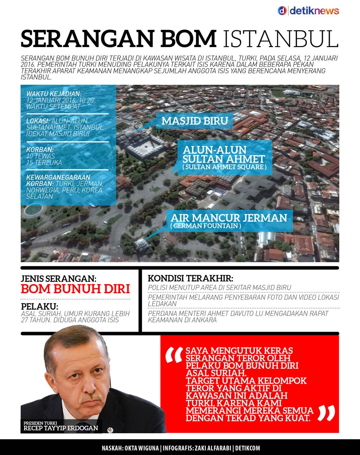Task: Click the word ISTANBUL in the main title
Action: [281, 39]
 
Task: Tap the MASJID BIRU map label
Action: [194, 121]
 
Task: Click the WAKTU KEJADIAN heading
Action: [54, 94]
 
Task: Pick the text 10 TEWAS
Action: [40, 156]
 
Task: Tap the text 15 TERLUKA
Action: [44, 162]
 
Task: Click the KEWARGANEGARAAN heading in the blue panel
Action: [58, 178]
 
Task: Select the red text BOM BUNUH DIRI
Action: [75, 289]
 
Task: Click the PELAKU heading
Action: [39, 307]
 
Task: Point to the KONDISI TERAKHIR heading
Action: [190, 278]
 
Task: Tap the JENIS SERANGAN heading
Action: [58, 279]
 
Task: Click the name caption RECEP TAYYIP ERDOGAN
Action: [60, 428]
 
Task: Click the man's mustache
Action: [90, 398]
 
